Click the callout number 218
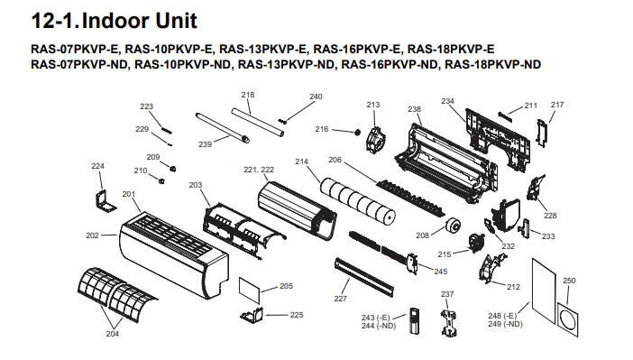coord(248,95)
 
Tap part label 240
coord(316,97)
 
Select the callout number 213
coord(373,105)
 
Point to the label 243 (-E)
coord(375,318)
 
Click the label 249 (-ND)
coord(505,324)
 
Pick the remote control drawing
coord(414,320)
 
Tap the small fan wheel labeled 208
coord(454,225)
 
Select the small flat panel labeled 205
coord(250,290)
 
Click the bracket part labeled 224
coord(105,201)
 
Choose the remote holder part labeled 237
coord(448,322)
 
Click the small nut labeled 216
coord(357,132)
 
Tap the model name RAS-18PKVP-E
coord(451,50)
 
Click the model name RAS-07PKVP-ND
coord(79,65)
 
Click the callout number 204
coord(113,334)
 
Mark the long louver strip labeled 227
coord(364,277)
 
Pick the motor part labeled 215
coord(475,242)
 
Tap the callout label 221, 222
coord(259,170)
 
